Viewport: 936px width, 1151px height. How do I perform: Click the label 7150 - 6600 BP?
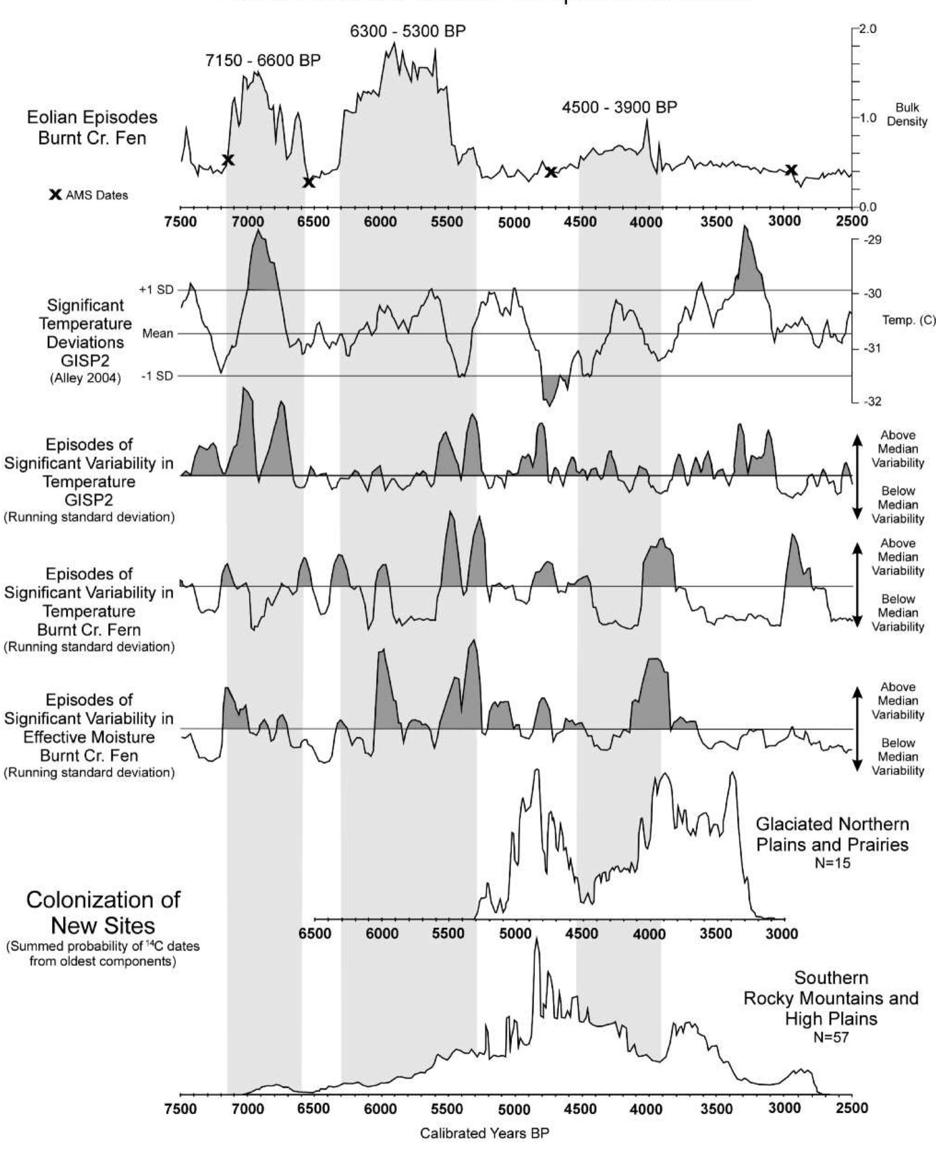click(262, 60)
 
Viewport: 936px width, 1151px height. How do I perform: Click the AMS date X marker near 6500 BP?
click(308, 182)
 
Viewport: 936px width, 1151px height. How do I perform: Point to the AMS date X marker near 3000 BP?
click(791, 170)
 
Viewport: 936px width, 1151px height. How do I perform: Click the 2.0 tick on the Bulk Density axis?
click(867, 29)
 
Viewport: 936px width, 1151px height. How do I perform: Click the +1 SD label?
click(157, 290)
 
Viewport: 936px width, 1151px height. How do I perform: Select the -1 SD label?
click(157, 376)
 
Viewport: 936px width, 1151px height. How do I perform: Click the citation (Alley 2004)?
click(85, 378)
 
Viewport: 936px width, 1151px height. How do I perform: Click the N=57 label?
click(831, 1037)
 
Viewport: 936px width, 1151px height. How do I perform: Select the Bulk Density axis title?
click(907, 114)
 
